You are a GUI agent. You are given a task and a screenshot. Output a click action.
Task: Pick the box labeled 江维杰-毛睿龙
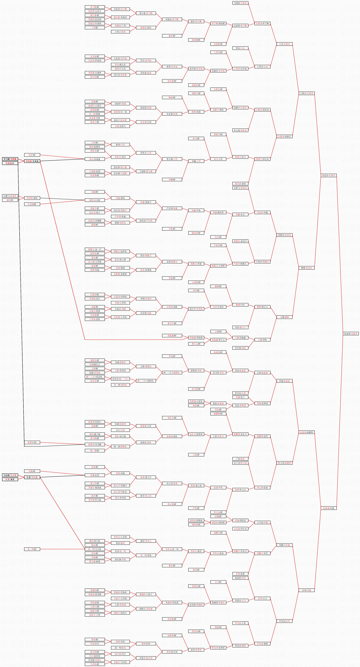[x=307, y=93]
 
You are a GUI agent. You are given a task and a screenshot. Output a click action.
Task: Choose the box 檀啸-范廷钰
[x=307, y=268]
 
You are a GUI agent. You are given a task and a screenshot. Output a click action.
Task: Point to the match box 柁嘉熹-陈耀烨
[x=307, y=432]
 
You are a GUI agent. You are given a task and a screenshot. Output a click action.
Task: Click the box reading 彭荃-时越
[x=307, y=590]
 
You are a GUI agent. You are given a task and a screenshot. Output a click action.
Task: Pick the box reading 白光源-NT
[x=32, y=204]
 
